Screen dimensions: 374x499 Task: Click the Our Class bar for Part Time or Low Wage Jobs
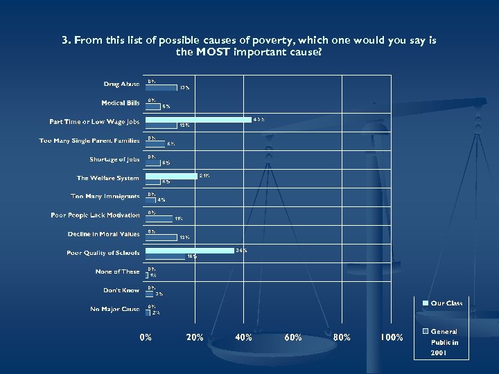pos(199,120)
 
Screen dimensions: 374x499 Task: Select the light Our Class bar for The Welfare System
pos(172,176)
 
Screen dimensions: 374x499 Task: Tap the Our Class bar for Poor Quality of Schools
pos(191,250)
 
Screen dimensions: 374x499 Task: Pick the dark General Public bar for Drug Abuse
pos(162,88)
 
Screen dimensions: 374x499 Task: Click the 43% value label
pos(259,120)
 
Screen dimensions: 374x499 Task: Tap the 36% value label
pos(241,250)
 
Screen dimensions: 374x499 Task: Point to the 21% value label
pos(204,176)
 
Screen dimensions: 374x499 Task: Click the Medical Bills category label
pos(120,103)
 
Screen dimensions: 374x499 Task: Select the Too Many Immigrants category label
pos(105,197)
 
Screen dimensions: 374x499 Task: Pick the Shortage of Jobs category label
pos(114,159)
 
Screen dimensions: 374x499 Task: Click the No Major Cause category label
pos(114,309)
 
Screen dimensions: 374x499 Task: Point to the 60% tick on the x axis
pos(293,337)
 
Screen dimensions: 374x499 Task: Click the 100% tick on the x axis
pos(392,337)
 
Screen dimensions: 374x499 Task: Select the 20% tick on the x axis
pos(195,337)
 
